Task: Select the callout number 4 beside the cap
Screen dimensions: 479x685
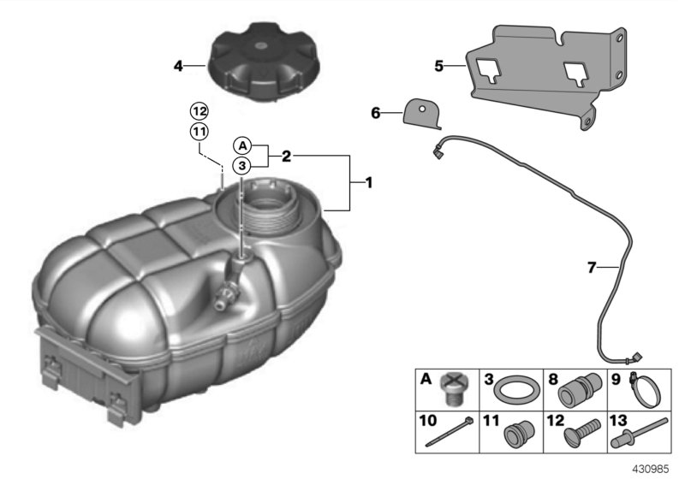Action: (x=178, y=65)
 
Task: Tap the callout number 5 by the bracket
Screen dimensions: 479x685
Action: (x=438, y=65)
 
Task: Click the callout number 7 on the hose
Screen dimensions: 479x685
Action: (x=590, y=268)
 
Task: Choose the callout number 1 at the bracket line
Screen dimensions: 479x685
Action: (x=368, y=182)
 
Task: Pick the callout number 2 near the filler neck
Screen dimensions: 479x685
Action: (x=286, y=157)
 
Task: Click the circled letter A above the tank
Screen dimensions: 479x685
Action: (x=243, y=145)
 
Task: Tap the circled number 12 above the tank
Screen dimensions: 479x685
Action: (x=199, y=111)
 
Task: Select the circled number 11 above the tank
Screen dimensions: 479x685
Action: (x=199, y=131)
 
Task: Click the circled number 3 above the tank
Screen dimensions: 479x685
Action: (x=243, y=165)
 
